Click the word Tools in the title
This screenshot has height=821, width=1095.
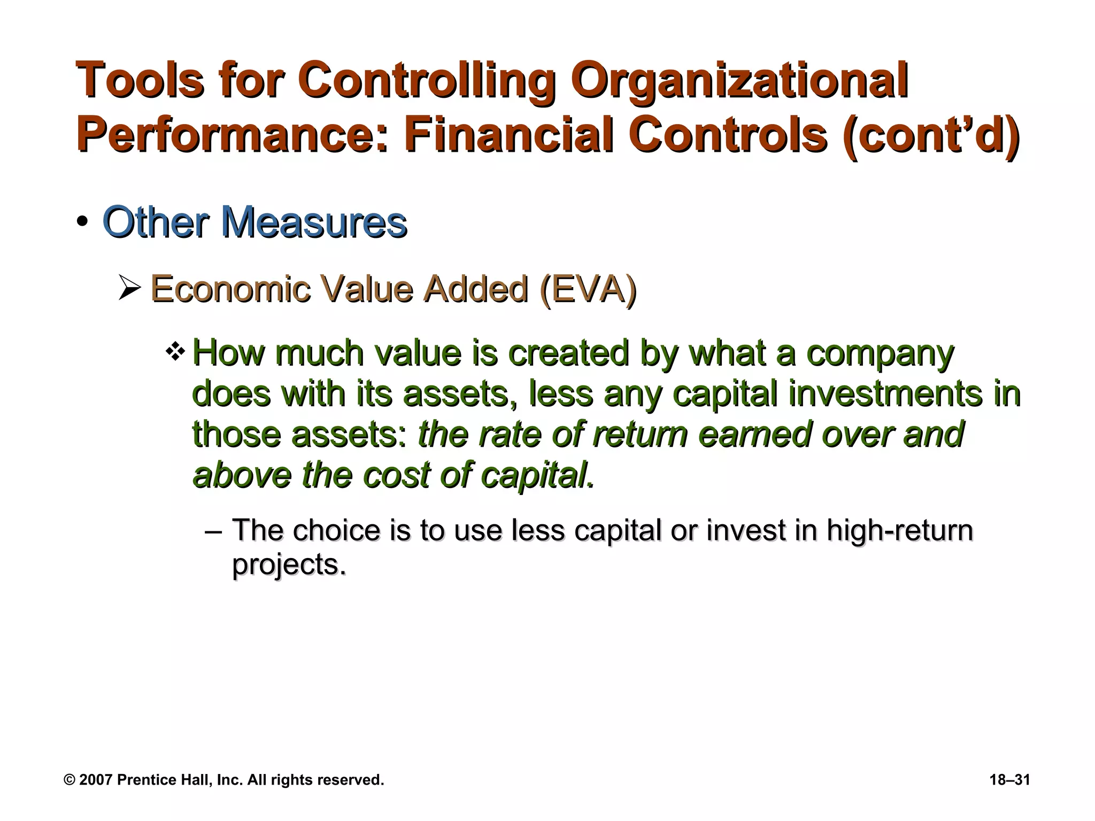click(x=140, y=81)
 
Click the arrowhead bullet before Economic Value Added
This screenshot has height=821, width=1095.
click(x=129, y=289)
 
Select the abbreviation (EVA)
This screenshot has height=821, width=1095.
click(x=588, y=289)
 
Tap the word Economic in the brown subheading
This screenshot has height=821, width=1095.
click(x=230, y=289)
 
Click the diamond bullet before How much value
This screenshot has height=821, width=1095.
click(x=175, y=352)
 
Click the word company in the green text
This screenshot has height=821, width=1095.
click(x=880, y=354)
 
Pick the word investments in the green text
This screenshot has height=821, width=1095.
click(x=885, y=394)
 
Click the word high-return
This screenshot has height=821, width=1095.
click(x=899, y=530)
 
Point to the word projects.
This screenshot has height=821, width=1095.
click(x=289, y=564)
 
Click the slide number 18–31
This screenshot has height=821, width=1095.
click(x=1009, y=780)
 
